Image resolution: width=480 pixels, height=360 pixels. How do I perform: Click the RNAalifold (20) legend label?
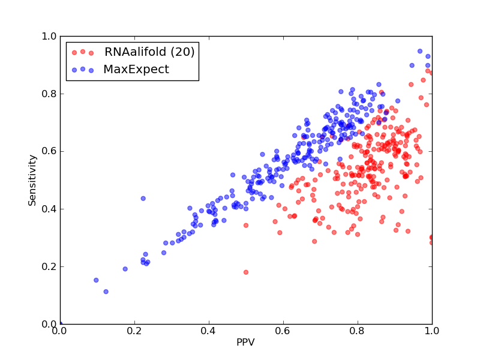pyautogui.click(x=149, y=52)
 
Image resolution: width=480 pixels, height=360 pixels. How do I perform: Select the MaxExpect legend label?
pyautogui.click(x=136, y=69)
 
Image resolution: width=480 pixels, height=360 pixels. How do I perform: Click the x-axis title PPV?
pyautogui.click(x=245, y=342)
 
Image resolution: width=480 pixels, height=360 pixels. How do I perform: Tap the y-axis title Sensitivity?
pyautogui.click(x=32, y=181)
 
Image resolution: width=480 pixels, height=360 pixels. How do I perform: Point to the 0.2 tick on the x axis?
pyautogui.click(x=134, y=331)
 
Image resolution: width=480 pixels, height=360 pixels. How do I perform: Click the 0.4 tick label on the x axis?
pyautogui.click(x=209, y=331)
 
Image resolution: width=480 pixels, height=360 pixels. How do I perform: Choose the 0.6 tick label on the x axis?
pyautogui.click(x=283, y=331)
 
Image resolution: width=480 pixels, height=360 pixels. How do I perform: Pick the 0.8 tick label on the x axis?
pyautogui.click(x=358, y=331)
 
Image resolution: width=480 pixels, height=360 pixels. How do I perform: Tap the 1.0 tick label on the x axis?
pyautogui.click(x=432, y=331)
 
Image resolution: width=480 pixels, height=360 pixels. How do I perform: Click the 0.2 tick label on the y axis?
pyautogui.click(x=49, y=266)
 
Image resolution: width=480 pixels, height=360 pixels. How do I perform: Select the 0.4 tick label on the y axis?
pyautogui.click(x=49, y=209)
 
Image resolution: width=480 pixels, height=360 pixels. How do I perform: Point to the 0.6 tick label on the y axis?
pyautogui.click(x=49, y=152)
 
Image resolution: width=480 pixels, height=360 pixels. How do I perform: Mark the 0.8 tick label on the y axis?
pyautogui.click(x=49, y=94)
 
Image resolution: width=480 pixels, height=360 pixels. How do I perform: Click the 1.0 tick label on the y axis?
pyautogui.click(x=49, y=36)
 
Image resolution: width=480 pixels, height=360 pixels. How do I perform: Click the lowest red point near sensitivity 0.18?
pyautogui.click(x=246, y=272)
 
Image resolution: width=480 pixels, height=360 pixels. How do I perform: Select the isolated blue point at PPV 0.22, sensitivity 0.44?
pyautogui.click(x=143, y=199)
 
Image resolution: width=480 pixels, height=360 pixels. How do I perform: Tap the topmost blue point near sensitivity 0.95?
pyautogui.click(x=420, y=51)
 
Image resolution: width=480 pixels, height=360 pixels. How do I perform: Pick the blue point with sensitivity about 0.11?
pyautogui.click(x=106, y=292)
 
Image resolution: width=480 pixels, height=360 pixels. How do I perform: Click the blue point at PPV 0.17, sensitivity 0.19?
pyautogui.click(x=125, y=269)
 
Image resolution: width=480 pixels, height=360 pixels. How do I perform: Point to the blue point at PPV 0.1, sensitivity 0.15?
pyautogui.click(x=96, y=280)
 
